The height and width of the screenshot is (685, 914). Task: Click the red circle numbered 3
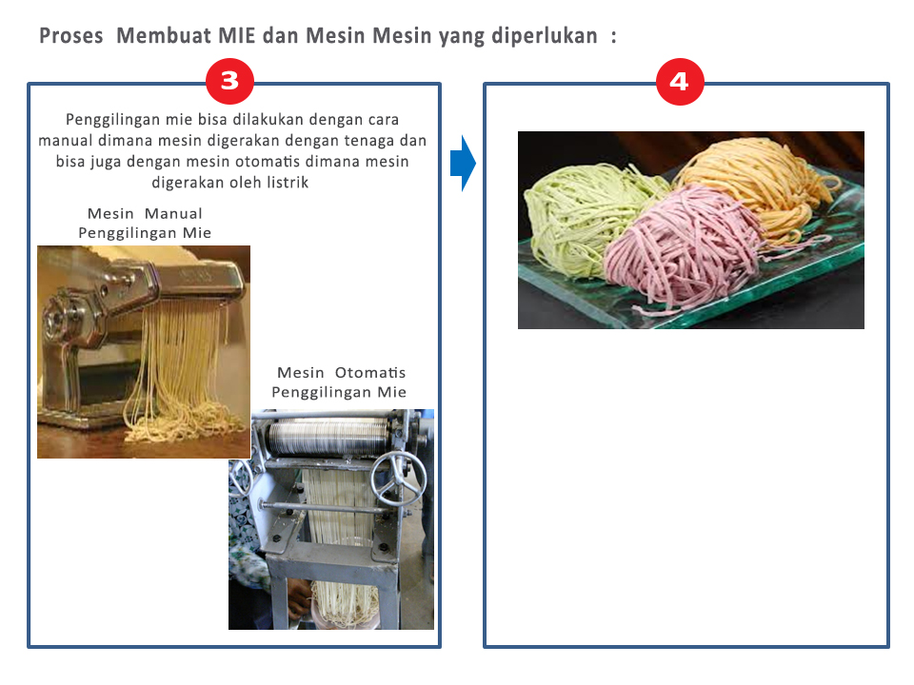tap(229, 81)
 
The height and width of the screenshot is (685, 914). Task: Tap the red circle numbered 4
tap(680, 82)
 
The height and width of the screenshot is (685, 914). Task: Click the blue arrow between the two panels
tap(464, 163)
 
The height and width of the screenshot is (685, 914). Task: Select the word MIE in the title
tap(237, 35)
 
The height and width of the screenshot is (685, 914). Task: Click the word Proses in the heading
tap(71, 36)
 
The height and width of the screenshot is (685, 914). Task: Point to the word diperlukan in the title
tap(545, 36)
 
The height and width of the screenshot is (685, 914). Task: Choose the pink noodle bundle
tap(685, 247)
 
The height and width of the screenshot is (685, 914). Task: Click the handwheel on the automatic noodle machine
tap(399, 479)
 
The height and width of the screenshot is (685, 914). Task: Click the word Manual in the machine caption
tap(173, 214)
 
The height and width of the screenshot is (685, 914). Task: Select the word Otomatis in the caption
tap(370, 373)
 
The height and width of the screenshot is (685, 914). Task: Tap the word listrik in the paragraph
tap(288, 183)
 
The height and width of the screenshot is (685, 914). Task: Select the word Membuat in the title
tap(164, 35)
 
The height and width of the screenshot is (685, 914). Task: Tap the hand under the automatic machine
tap(300, 600)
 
